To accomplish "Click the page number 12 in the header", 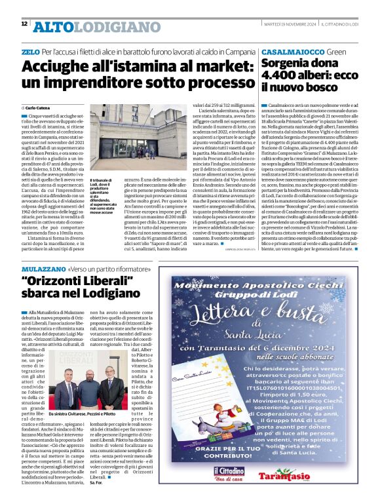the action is [24, 24].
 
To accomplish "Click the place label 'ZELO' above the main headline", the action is [30, 50].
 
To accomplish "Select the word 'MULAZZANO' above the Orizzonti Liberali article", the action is [43, 269].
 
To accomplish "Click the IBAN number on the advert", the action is [275, 387].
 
